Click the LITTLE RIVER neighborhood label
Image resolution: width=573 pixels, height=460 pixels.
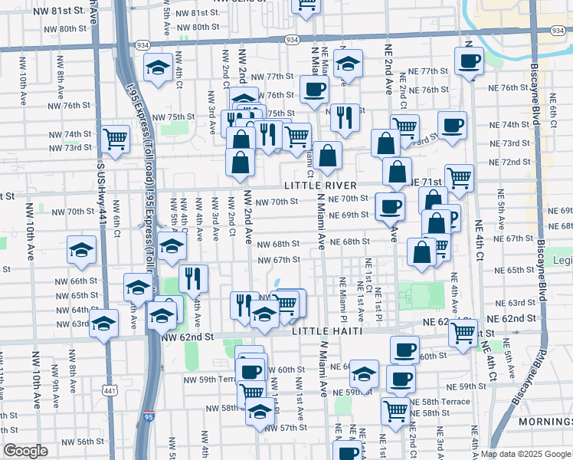(x=319, y=186)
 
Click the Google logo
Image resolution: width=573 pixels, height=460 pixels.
(x=25, y=451)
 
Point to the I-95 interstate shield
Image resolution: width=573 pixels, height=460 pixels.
(x=149, y=417)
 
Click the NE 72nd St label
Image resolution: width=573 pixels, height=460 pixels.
(x=510, y=162)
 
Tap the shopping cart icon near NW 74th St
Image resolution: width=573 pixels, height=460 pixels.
(x=115, y=139)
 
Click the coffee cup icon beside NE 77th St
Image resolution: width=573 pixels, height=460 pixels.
(x=468, y=61)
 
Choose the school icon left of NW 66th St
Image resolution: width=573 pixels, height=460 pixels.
(x=81, y=250)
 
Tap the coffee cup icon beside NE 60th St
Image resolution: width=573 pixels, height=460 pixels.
(x=404, y=350)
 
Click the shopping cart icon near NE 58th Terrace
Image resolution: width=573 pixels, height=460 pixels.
(x=395, y=410)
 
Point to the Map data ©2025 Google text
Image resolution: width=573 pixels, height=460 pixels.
(x=526, y=454)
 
